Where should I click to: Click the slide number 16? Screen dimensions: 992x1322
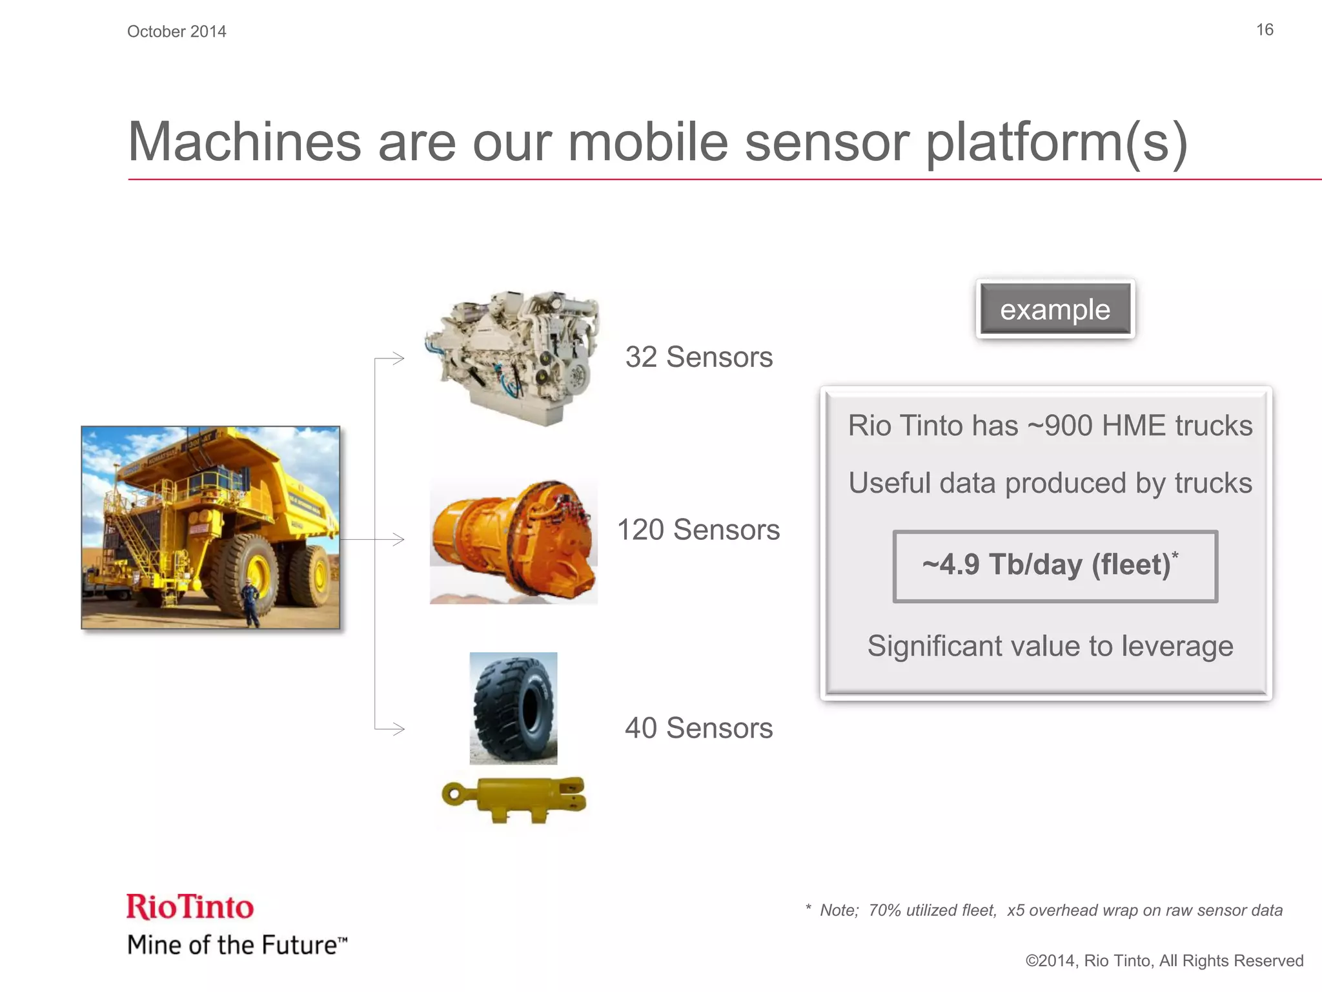click(x=1264, y=30)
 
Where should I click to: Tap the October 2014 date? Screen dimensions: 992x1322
click(x=176, y=32)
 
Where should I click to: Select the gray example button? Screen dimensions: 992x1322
click(x=1055, y=309)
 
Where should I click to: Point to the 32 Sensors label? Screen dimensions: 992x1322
click(x=698, y=357)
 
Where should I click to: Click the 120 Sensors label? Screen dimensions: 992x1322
click(x=698, y=530)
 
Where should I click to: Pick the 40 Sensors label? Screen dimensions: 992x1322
click(x=698, y=728)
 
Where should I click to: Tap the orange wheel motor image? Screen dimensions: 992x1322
click(x=513, y=541)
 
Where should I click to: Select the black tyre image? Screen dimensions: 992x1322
click(x=513, y=708)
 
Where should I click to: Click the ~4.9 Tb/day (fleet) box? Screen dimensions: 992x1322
click(x=1055, y=566)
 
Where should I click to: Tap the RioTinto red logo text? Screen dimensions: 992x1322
click(x=190, y=907)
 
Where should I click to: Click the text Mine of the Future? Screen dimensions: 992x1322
click(x=236, y=945)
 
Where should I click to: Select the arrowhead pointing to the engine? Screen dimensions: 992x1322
click(x=398, y=358)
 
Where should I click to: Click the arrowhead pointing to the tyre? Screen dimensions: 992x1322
click(x=398, y=729)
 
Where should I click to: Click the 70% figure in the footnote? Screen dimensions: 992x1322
click(x=884, y=911)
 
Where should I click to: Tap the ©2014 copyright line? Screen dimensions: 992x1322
click(x=1164, y=961)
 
